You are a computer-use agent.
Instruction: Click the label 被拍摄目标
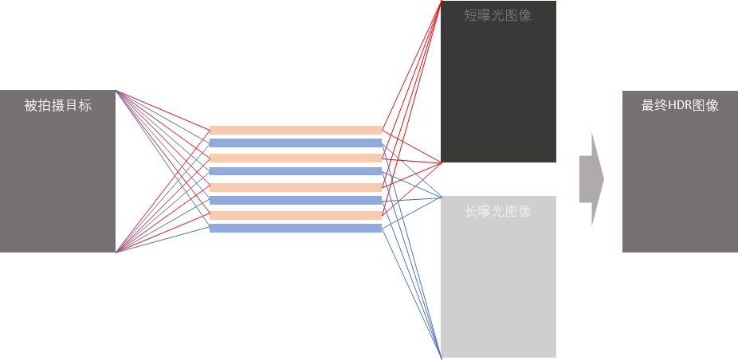coord(57,105)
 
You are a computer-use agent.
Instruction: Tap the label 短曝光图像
coord(497,15)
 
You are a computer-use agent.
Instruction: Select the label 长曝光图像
coord(497,211)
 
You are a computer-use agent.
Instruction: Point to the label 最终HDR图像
coord(680,105)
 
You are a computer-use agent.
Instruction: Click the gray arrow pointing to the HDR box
coord(591,178)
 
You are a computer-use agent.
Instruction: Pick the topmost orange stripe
coord(296,130)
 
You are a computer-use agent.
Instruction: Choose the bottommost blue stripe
coord(296,229)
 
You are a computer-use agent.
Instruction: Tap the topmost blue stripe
coord(296,143)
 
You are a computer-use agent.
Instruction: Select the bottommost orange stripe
coord(296,215)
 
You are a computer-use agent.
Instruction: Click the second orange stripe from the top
coord(296,158)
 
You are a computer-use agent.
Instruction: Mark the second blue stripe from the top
coord(296,171)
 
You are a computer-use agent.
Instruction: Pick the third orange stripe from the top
coord(296,187)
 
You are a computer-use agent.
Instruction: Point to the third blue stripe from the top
coord(296,201)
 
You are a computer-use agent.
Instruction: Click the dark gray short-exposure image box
coord(498,88)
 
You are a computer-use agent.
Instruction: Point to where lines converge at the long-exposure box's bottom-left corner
coord(442,356)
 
